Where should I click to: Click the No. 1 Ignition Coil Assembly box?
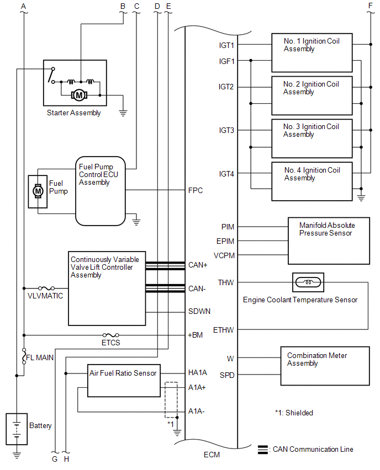tap(312, 52)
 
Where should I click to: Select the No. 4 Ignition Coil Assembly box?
tap(312, 181)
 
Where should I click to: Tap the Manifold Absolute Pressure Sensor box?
tap(328, 241)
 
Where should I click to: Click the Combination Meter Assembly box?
tap(325, 366)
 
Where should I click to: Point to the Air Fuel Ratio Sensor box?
tap(124, 380)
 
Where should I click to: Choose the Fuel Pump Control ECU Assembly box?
tap(101, 190)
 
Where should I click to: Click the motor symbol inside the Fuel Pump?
tap(38, 191)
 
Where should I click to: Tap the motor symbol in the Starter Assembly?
tap(79, 95)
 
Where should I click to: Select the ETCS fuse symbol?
tap(111, 335)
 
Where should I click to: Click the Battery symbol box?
tap(17, 428)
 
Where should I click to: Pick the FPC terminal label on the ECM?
tap(196, 191)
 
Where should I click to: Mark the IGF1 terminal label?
tap(227, 61)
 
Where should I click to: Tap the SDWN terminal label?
tap(199, 311)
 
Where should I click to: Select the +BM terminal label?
tap(196, 335)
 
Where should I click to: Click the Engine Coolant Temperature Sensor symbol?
tap(308, 282)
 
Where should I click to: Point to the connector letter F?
tap(370, 6)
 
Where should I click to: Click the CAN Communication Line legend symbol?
tap(263, 449)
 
